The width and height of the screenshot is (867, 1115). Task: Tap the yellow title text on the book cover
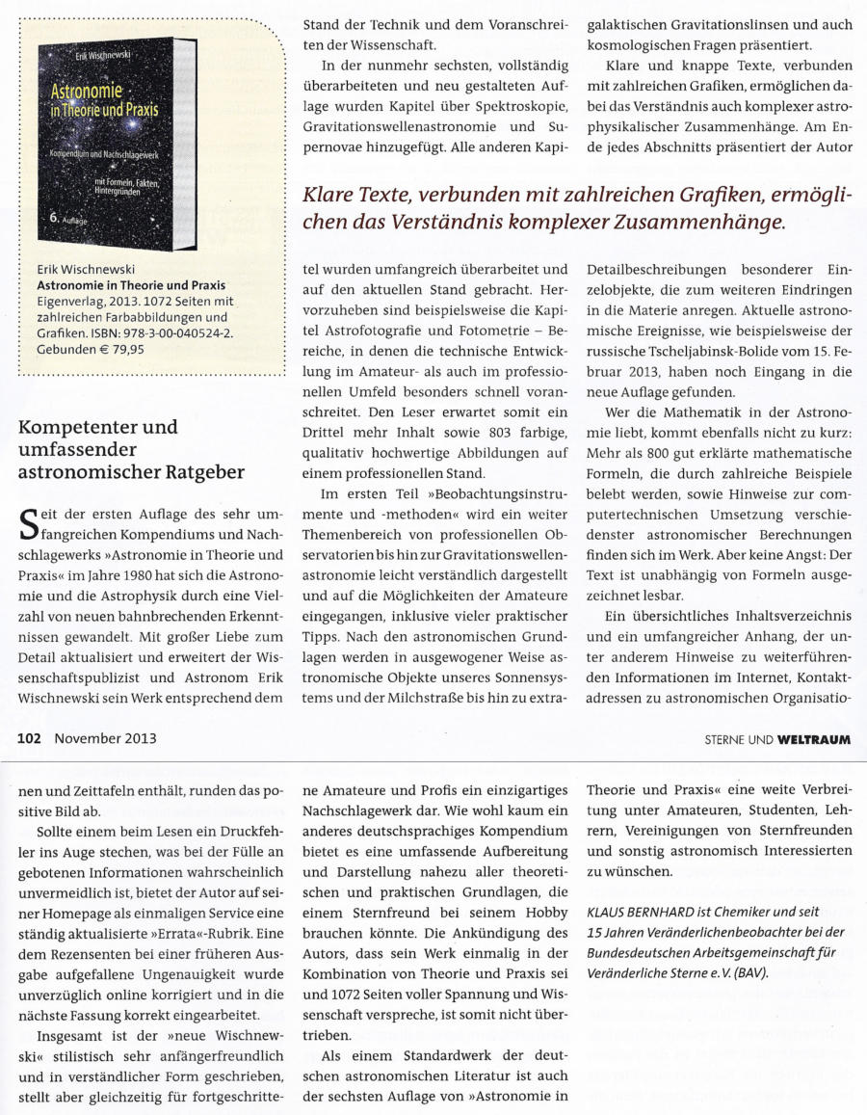coord(104,100)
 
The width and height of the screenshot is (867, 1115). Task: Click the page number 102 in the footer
coord(29,739)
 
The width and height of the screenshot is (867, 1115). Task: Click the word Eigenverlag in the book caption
coord(69,302)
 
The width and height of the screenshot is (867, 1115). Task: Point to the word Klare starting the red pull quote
coord(336,197)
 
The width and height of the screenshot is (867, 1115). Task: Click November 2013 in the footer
coord(104,739)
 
